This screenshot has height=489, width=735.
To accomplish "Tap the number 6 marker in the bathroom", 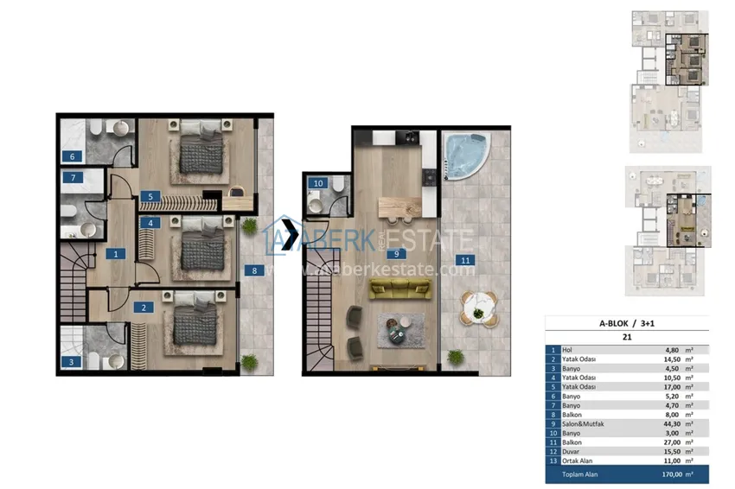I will (x=72, y=156).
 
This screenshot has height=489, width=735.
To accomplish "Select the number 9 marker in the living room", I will (x=395, y=254).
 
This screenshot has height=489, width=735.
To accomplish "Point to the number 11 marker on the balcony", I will (x=465, y=259).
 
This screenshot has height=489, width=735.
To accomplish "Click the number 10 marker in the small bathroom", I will (x=318, y=183).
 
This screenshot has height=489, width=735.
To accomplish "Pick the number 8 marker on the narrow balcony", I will (x=254, y=270).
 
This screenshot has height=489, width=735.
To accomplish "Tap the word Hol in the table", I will (x=568, y=350).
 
